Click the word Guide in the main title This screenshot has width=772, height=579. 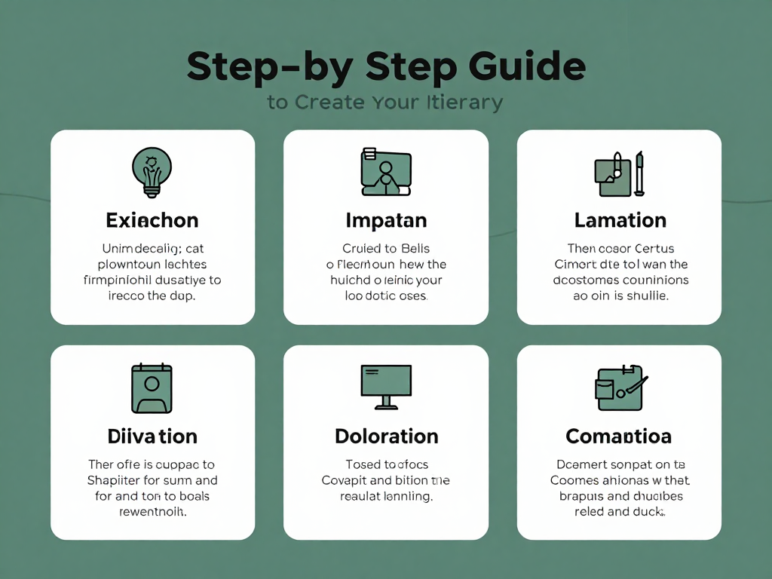point(527,68)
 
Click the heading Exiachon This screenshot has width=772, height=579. point(152,220)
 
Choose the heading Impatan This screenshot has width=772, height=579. point(386,220)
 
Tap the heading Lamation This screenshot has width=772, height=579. point(620,220)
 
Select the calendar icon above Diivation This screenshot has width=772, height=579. point(152,388)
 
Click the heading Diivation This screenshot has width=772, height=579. point(152,436)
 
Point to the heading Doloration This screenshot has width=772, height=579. point(386,436)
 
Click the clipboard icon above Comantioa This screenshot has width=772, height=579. point(619,388)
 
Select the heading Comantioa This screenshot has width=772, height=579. point(619,436)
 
